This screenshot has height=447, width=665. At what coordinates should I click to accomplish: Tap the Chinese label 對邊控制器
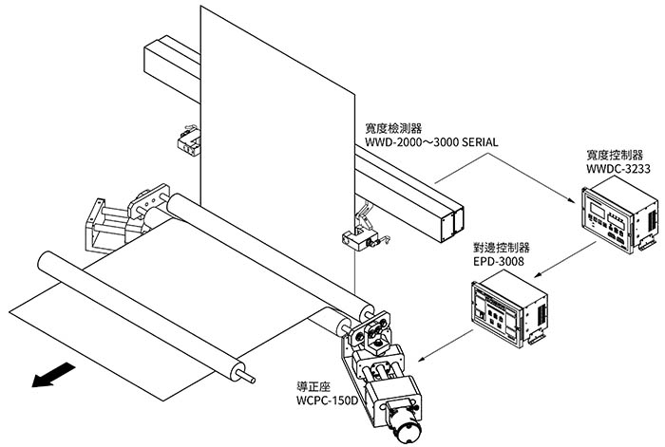pyautogui.click(x=500, y=246)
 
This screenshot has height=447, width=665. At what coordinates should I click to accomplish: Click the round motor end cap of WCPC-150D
pyautogui.click(x=404, y=428)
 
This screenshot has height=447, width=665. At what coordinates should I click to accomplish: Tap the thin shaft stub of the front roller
pyautogui.click(x=249, y=374)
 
